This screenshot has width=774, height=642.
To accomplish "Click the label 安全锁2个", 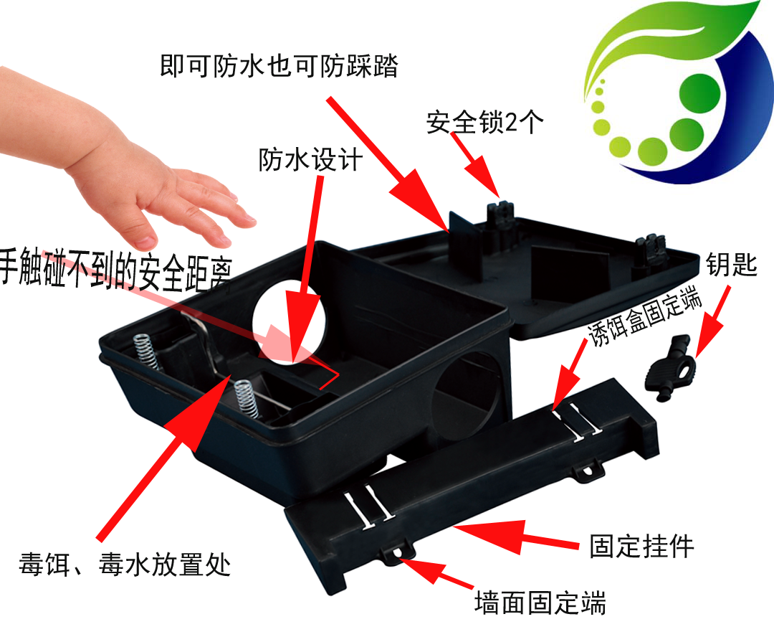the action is [485, 121].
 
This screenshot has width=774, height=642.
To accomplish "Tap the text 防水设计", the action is [310, 159].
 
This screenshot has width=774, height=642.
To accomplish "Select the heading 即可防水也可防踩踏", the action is [279, 66].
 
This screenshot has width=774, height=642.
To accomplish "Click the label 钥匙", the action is [731, 264].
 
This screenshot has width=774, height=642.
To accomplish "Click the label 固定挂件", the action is [641, 546].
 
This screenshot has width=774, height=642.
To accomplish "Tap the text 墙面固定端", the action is [540, 603].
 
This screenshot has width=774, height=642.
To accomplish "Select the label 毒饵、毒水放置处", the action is [125, 564].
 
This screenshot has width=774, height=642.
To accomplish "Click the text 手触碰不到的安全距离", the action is [116, 270].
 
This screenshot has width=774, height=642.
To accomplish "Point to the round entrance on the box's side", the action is [467, 395].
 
